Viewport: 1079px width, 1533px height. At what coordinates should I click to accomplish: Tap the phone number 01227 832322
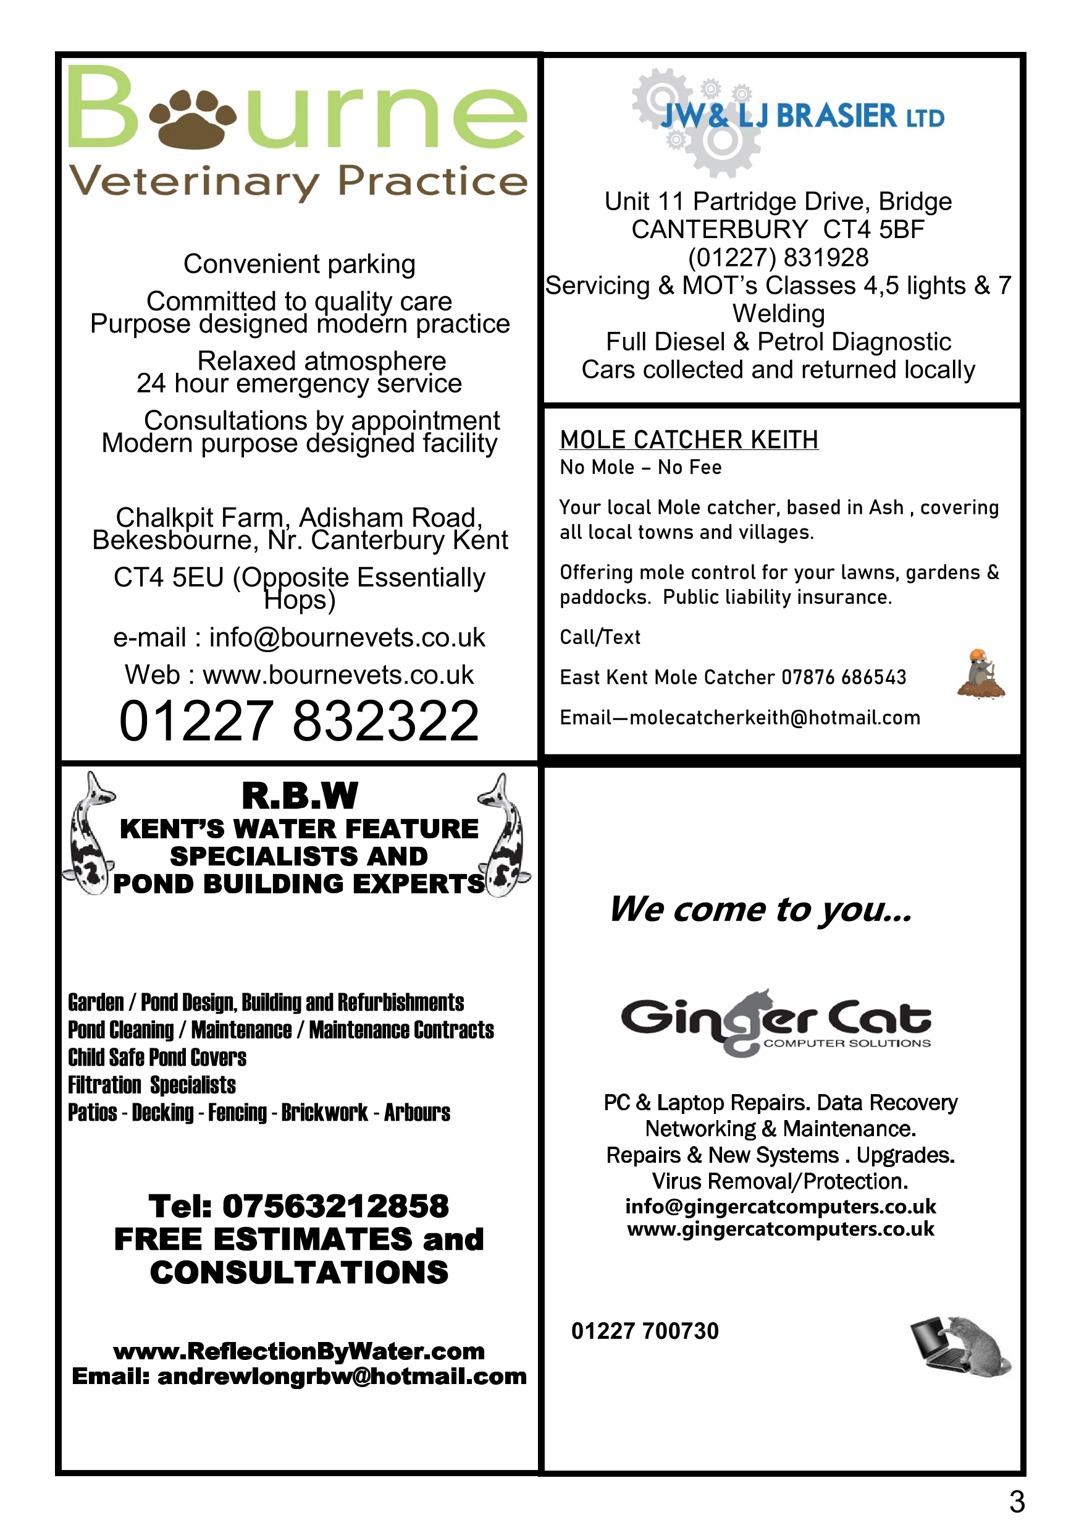click(299, 721)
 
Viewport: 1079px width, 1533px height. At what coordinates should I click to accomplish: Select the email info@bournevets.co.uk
click(347, 638)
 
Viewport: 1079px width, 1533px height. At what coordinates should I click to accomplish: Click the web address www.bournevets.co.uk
click(338, 675)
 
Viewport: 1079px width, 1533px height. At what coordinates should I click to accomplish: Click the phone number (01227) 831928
click(778, 258)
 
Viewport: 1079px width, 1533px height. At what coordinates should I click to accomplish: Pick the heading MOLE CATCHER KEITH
click(689, 440)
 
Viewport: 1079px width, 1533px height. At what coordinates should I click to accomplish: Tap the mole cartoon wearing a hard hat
click(980, 674)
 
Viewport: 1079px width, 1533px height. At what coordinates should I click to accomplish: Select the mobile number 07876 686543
click(844, 677)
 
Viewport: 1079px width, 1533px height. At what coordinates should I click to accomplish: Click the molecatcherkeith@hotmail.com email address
click(775, 718)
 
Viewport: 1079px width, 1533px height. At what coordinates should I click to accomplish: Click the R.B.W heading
click(300, 796)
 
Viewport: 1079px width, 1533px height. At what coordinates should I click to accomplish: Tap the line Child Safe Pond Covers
click(157, 1058)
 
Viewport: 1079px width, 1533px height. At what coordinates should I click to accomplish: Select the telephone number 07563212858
click(335, 1207)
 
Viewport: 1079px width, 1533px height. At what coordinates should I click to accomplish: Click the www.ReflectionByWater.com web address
click(299, 1351)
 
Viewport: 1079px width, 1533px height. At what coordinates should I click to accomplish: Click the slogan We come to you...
click(761, 909)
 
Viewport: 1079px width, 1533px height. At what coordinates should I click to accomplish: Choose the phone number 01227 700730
click(645, 1331)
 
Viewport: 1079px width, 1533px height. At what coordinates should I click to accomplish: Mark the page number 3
click(1016, 1501)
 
